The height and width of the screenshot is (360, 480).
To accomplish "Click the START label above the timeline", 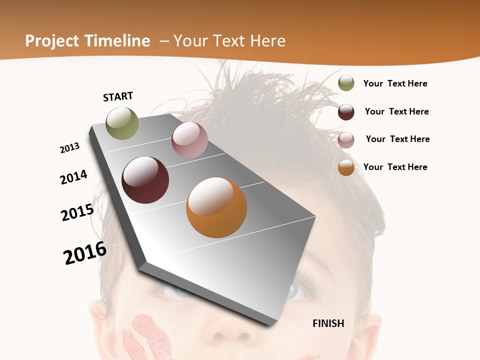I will click(118, 96).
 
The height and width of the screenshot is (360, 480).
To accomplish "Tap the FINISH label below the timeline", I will click(328, 323).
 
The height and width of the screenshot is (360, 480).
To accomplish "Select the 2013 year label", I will click(69, 148).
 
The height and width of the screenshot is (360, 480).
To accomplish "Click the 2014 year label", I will click(73, 177).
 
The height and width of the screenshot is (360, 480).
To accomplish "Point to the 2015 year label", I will click(77, 212).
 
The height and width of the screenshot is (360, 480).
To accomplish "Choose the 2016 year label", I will click(85, 253).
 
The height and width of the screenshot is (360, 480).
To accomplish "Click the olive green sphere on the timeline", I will click(122, 123).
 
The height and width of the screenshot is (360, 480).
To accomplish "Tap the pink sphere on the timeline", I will click(189, 140).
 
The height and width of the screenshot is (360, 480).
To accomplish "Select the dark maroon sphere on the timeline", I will click(145, 180).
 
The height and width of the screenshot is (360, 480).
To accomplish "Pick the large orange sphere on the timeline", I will click(216, 207).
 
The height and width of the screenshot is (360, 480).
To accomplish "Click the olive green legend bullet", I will click(346, 83).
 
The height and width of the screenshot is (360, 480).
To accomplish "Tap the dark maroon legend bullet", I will click(346, 112).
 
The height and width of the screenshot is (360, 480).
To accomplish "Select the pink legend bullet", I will click(346, 140).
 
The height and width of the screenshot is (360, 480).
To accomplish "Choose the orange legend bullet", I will click(346, 167).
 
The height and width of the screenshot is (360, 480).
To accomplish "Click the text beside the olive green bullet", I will click(395, 83).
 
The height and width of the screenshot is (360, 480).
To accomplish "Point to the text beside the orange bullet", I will click(395, 167).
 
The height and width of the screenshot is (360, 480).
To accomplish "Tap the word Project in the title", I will click(53, 41).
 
